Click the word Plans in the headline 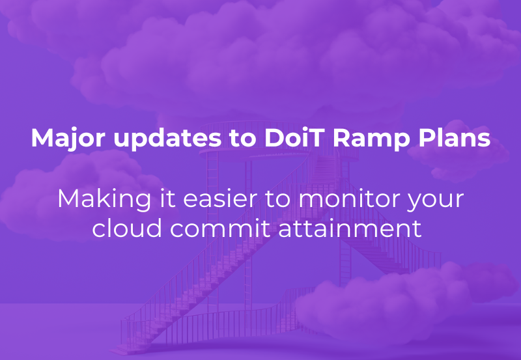tap(454, 139)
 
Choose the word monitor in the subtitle tap(354, 198)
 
